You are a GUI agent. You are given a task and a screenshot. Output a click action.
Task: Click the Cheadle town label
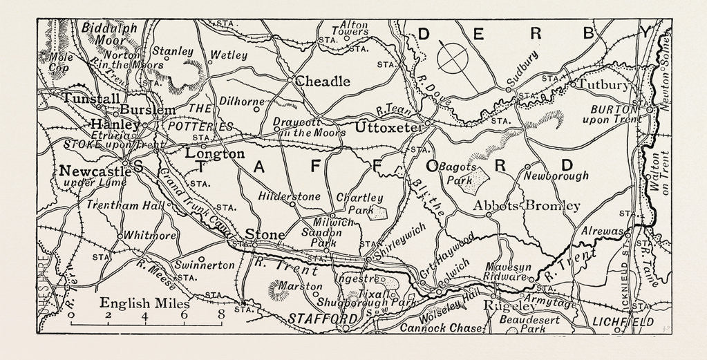click(323, 82)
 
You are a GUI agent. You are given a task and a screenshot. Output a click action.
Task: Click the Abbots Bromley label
click(527, 206)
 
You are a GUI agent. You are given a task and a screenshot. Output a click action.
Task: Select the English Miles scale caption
click(145, 303)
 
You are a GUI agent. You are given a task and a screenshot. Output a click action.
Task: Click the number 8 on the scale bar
click(220, 315)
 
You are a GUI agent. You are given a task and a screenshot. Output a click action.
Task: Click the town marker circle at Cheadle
click(290, 79)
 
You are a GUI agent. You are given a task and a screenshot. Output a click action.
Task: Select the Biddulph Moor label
click(109, 35)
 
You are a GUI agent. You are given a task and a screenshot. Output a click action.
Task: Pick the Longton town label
click(215, 153)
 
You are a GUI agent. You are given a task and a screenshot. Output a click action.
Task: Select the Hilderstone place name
click(289, 196)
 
